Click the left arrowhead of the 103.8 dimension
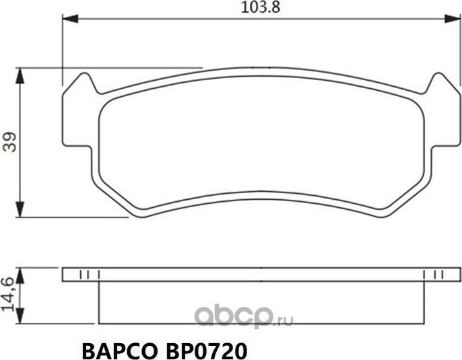(x=68, y=21)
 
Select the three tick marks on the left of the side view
(x=90, y=275)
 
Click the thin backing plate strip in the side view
(x=256, y=275)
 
